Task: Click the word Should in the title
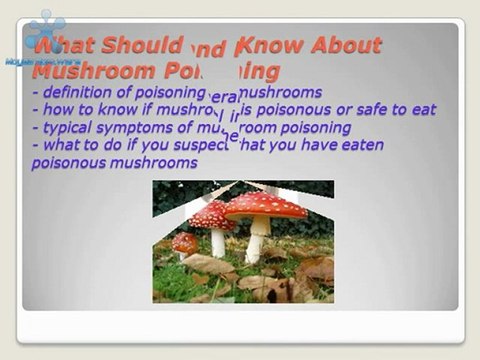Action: (144, 45)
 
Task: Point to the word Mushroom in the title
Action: (93, 71)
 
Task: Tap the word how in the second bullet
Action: (58, 110)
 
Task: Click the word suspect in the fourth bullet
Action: (209, 145)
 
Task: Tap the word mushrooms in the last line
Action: (157, 162)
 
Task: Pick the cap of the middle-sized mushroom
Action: (212, 214)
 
